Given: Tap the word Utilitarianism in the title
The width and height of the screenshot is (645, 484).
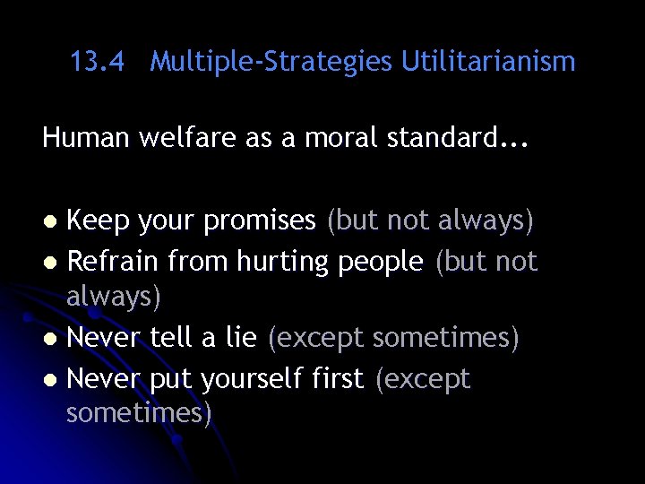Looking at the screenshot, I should tap(488, 62).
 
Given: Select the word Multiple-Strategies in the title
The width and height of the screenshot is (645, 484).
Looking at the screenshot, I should tap(271, 63).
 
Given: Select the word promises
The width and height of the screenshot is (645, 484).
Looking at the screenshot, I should tap(260, 221).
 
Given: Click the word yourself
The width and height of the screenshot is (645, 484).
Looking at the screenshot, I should tap(255, 380).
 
